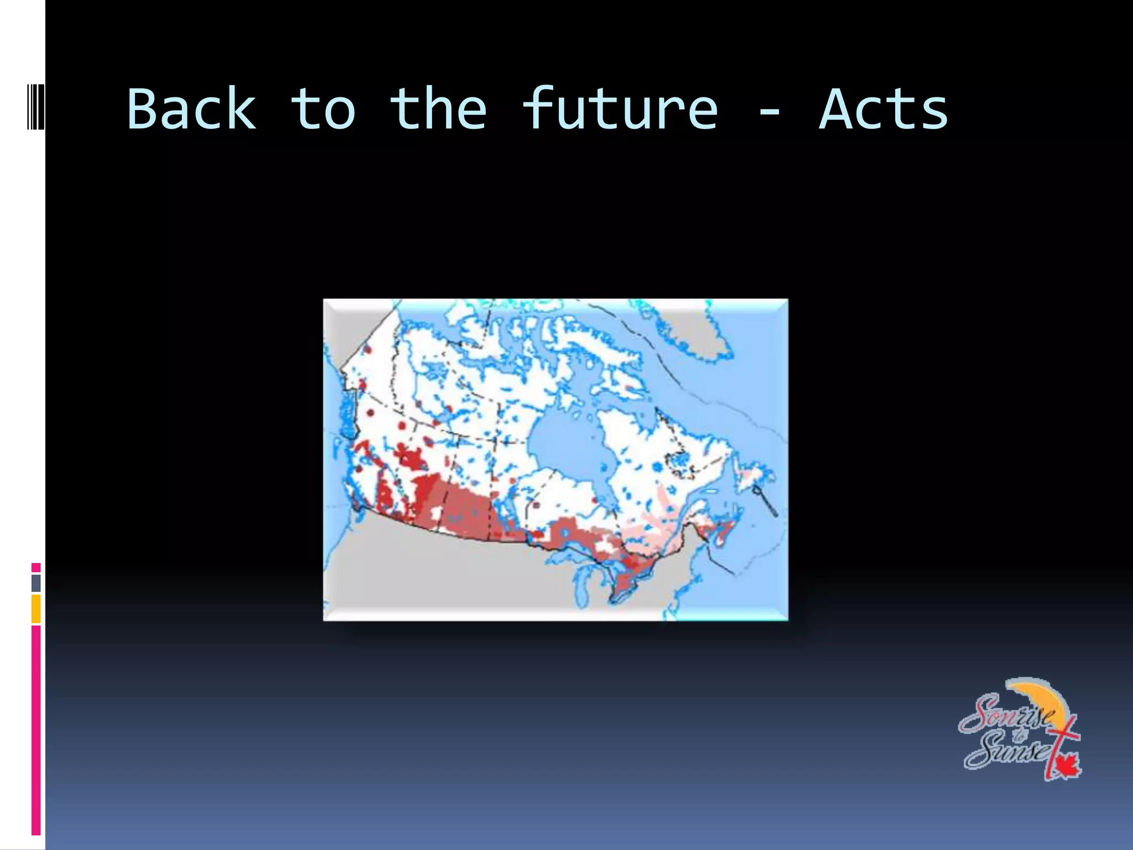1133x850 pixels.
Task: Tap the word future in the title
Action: click(620, 110)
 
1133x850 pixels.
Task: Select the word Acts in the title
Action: click(883, 110)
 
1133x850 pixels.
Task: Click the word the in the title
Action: click(438, 110)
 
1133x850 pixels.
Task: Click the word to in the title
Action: click(323, 110)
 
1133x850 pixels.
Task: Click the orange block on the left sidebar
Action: click(36, 609)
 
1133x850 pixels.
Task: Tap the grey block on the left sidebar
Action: click(36, 583)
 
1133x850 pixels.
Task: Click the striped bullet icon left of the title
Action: click(28, 107)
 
